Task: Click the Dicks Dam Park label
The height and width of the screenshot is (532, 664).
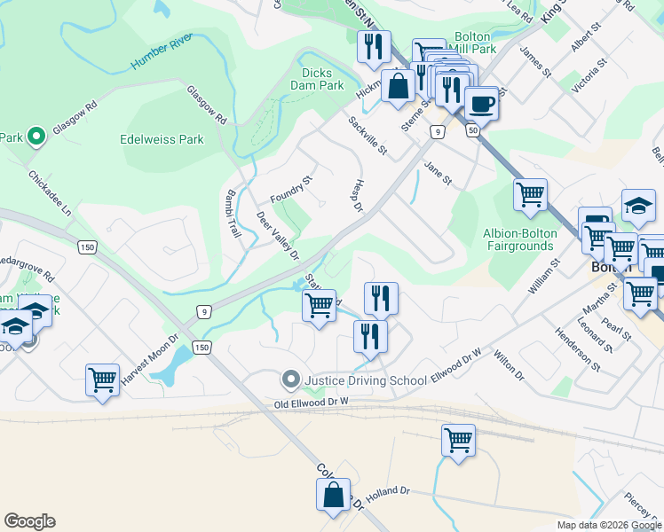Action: [317, 80]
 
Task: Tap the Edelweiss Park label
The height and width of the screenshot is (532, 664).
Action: [162, 139]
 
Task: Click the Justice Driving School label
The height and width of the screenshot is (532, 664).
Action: [365, 381]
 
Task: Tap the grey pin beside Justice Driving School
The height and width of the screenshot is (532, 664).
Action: [289, 380]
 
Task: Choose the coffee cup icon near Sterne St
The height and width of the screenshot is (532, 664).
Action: [481, 104]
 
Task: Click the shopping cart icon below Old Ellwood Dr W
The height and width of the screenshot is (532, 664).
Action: [458, 441]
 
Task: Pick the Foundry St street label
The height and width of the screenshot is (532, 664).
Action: [292, 190]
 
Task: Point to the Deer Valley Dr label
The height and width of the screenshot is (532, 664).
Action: [279, 235]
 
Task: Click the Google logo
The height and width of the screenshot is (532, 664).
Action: [29, 521]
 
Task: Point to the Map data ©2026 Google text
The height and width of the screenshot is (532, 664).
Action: [608, 525]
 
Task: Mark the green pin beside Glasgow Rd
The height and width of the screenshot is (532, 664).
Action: [36, 137]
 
